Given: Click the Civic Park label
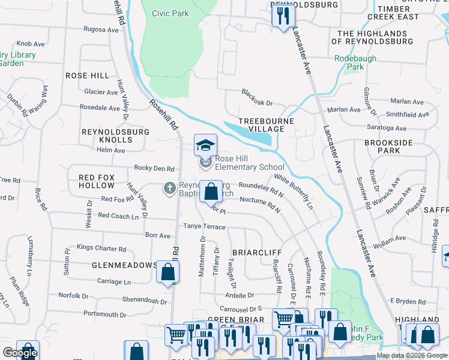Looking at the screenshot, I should tap(170, 13).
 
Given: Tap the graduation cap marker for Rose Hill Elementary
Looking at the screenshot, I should tap(205, 146).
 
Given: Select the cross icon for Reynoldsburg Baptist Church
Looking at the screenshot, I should tap(170, 188).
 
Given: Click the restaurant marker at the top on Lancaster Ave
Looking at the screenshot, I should tap(282, 17).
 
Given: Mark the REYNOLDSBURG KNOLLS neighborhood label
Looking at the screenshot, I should tap(107, 135).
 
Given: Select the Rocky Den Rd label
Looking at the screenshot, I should tap(154, 169).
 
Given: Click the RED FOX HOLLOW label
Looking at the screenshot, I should tap(96, 181).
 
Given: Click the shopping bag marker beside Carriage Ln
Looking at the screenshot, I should tap(167, 273).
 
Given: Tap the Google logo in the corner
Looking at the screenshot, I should tap(20, 353).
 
